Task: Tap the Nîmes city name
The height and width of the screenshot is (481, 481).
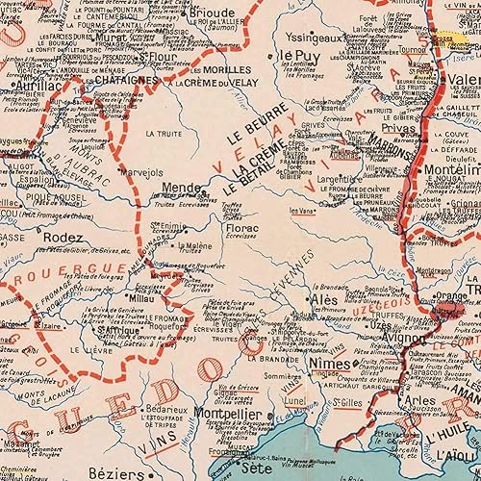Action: [x=330, y=367]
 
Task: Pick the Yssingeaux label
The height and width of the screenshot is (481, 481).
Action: [x=312, y=38]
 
